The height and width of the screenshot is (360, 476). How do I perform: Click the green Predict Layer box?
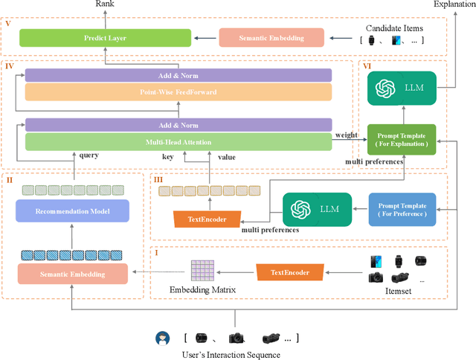105,36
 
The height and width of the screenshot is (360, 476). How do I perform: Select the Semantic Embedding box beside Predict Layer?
271,36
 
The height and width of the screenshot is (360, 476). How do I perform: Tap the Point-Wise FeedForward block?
178,91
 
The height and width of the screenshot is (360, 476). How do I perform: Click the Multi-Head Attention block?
178,141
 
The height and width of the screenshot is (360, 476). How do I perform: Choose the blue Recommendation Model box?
73,211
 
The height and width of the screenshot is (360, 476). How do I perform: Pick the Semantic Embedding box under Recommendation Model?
73,274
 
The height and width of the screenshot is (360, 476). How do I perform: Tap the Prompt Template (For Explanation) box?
402,140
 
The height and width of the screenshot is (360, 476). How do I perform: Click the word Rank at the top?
105,4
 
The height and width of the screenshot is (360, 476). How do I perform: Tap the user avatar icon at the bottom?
161,339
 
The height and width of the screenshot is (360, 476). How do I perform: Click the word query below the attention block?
89,155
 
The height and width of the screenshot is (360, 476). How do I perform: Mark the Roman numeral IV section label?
10,66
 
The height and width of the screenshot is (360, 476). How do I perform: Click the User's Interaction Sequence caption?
231,354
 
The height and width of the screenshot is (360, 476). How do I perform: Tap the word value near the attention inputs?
228,157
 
